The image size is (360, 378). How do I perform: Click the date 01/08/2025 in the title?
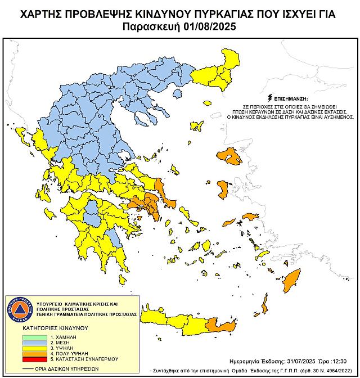(207, 26)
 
